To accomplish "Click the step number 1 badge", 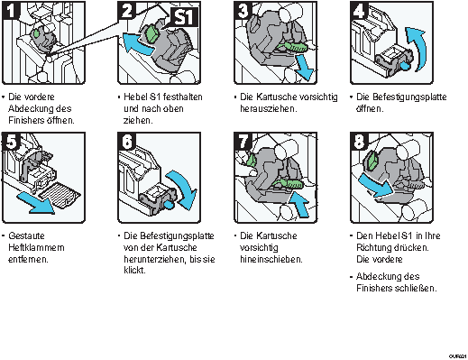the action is [x=11, y=11].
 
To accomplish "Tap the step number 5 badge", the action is [x=12, y=141].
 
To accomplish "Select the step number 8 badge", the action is [x=359, y=141].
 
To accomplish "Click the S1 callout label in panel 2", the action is [x=184, y=17].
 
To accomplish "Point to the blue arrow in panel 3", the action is [x=304, y=67].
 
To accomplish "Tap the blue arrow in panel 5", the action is [x=36, y=204].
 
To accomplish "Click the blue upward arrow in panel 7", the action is [x=299, y=205].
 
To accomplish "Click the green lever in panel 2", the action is [x=152, y=34].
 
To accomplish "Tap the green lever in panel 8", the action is [x=373, y=161].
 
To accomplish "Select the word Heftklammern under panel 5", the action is [x=36, y=247].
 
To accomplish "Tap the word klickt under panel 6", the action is [x=134, y=270].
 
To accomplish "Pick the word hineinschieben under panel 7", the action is [x=271, y=259].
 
